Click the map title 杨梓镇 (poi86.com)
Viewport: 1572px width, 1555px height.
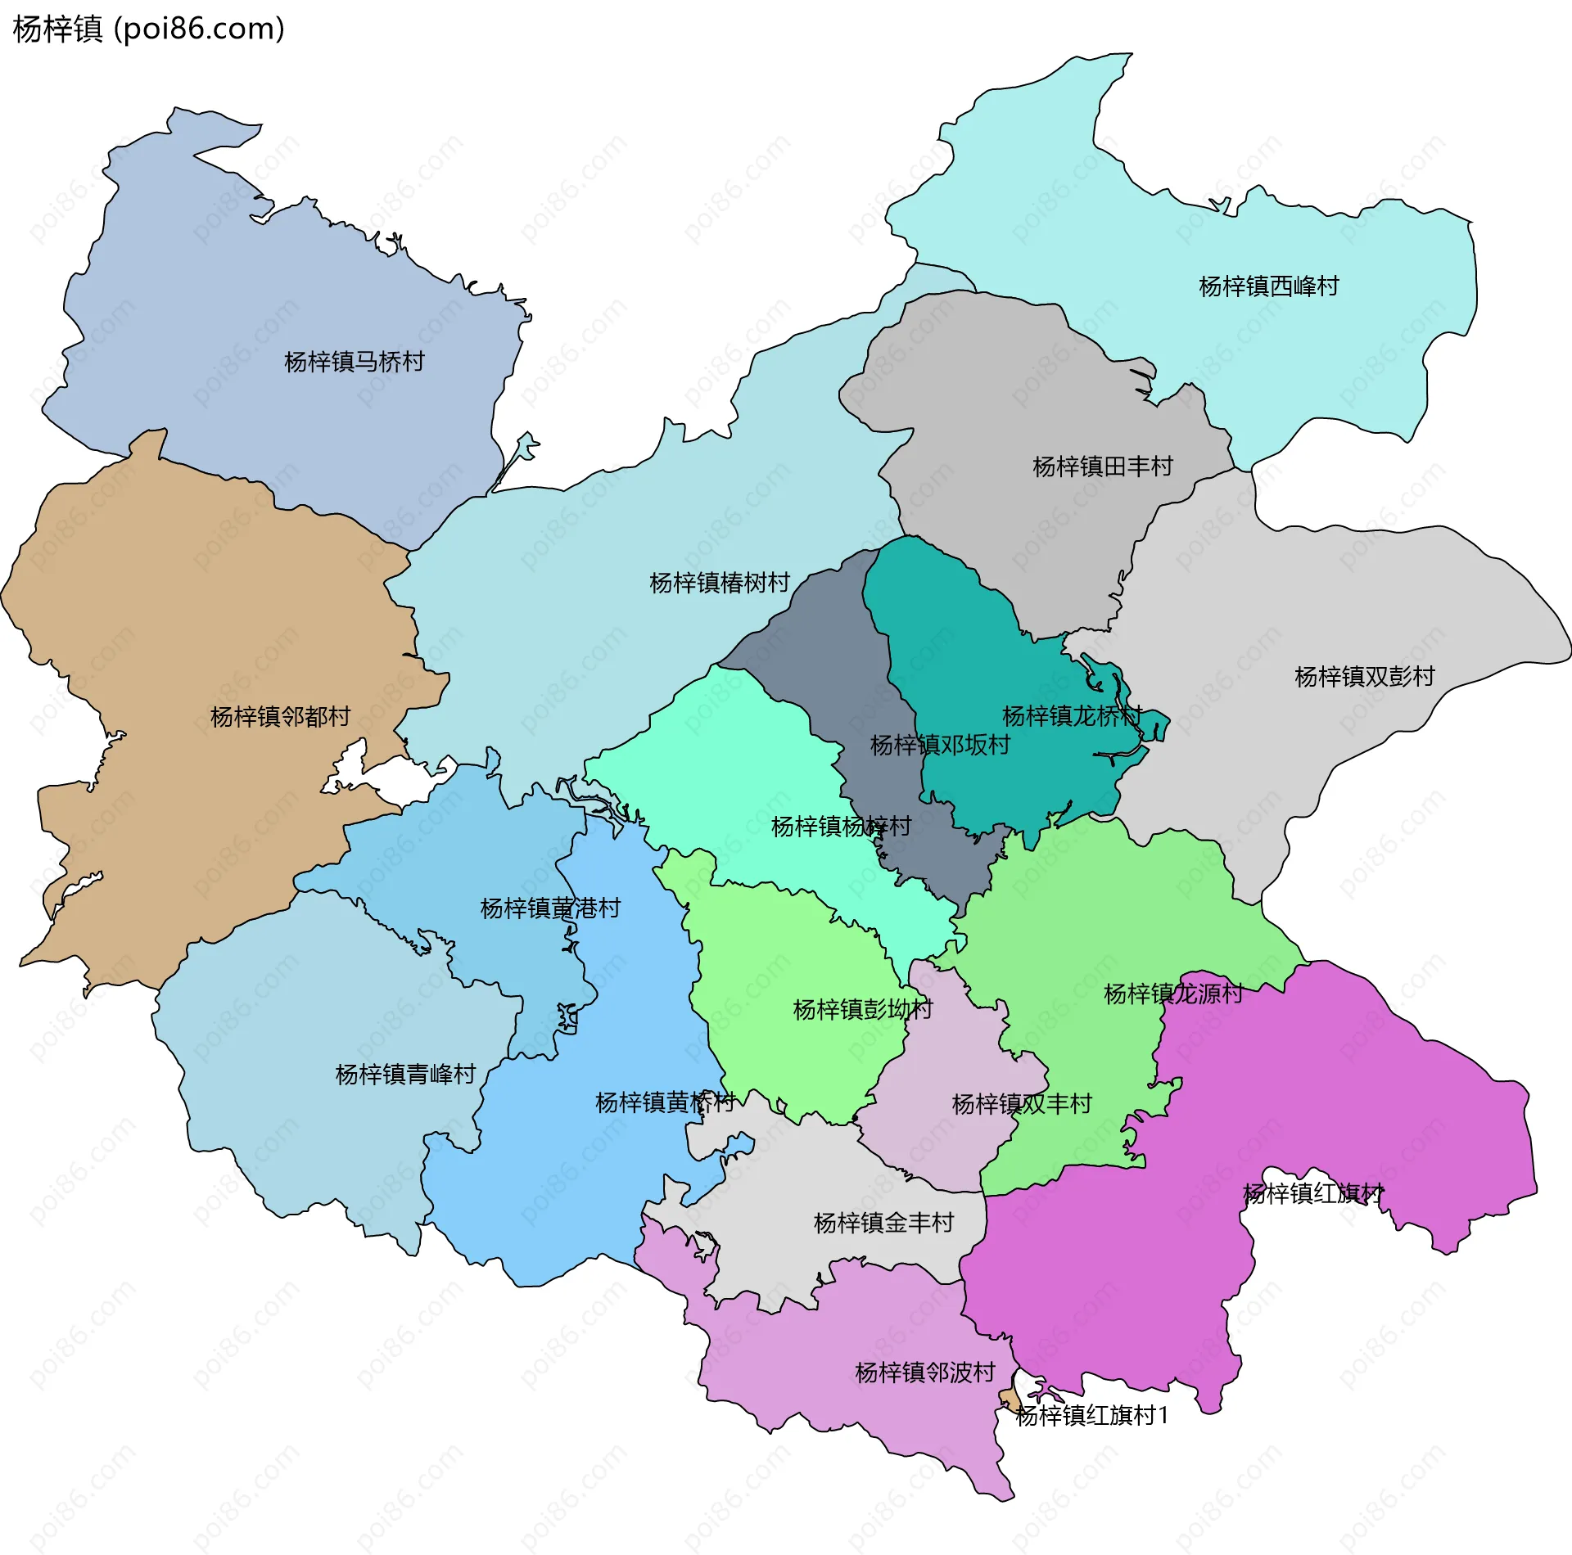coord(149,29)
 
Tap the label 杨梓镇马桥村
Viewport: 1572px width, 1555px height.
coord(354,362)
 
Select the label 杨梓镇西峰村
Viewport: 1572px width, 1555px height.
coord(1268,286)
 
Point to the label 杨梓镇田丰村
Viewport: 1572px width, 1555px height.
coord(1102,466)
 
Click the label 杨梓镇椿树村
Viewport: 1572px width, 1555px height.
coord(719,583)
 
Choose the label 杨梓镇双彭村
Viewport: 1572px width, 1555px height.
coord(1364,677)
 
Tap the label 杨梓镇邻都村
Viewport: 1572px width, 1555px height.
coord(280,717)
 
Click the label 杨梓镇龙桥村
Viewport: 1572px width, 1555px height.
coord(1071,716)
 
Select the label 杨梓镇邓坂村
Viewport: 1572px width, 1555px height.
coord(939,745)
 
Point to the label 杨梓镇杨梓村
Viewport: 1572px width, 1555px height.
coord(841,827)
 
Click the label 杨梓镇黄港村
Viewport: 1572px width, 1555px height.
coord(550,908)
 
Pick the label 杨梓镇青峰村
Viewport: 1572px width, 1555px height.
coord(405,1074)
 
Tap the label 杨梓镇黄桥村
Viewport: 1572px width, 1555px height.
coord(665,1102)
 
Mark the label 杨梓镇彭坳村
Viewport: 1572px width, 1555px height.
coord(862,1009)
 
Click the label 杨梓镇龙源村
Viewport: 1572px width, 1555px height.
coord(1172,994)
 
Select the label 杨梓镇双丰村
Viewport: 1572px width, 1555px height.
coord(1021,1104)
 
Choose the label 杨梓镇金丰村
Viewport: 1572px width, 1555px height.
coord(883,1223)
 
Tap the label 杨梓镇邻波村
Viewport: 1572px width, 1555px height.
coord(924,1372)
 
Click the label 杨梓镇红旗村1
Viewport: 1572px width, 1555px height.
coord(1091,1415)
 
